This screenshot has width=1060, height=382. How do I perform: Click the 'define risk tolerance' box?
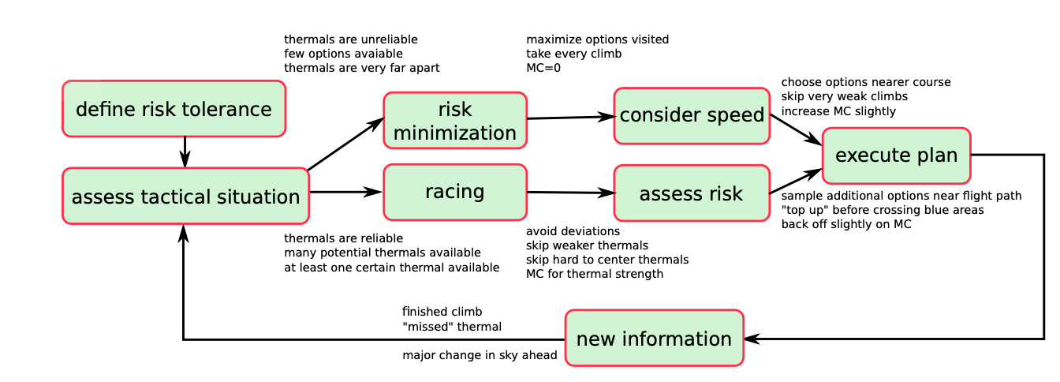(174, 109)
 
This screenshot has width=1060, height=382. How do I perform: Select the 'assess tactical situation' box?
(185, 196)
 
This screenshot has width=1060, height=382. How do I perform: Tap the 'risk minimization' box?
(455, 121)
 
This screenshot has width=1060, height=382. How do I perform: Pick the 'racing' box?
(455, 192)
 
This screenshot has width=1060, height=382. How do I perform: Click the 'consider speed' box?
(692, 116)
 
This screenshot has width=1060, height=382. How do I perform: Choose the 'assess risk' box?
(692, 193)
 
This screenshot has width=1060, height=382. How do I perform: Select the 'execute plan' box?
(897, 155)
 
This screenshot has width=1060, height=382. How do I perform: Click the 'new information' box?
(655, 338)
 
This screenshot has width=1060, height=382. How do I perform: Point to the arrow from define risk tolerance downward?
(185, 152)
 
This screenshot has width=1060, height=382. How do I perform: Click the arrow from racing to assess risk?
(571, 193)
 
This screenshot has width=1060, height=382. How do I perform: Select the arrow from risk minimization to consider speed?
(571, 118)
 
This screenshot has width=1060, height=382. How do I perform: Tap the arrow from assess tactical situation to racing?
(346, 192)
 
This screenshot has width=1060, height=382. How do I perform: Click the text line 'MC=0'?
(543, 68)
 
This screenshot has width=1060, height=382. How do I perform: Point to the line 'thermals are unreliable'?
(351, 39)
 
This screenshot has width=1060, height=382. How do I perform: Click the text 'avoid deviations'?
(573, 231)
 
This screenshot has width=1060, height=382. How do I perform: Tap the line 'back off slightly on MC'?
(846, 224)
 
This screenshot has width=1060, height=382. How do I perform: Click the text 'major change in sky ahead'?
(480, 355)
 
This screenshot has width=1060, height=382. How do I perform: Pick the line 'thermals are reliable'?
(344, 238)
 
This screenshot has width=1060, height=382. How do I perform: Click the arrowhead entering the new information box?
(752, 339)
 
